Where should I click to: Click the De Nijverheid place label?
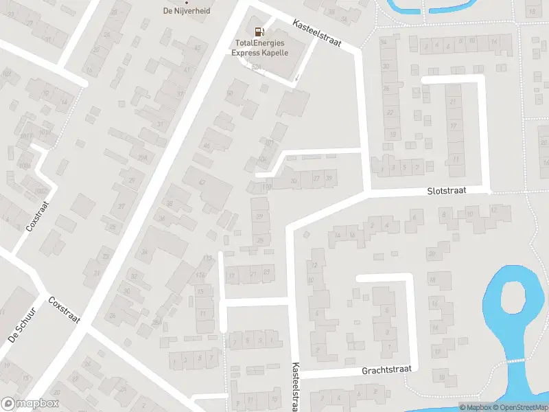[x=185, y=10]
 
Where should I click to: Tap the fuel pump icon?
[x=259, y=31]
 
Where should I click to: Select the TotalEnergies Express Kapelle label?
[x=259, y=47]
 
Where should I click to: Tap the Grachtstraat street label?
[x=386, y=369]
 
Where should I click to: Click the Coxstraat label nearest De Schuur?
[x=64, y=310]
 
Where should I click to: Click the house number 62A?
[x=257, y=67]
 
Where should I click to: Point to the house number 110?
[x=266, y=186]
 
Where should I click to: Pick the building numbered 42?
[x=202, y=182]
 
